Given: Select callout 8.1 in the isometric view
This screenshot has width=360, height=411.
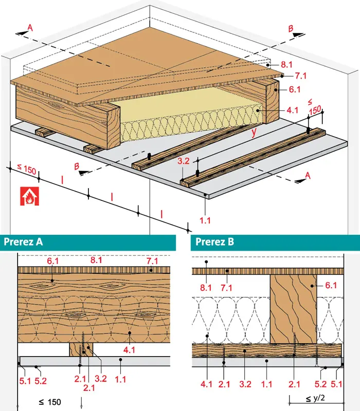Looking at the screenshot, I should click(287, 66).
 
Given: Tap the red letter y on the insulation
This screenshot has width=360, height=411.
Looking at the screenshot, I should click(254, 133).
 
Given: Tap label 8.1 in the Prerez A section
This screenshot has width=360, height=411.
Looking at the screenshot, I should click(96, 260).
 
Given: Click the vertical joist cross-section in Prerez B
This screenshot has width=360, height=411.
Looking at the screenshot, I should click(293, 308).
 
